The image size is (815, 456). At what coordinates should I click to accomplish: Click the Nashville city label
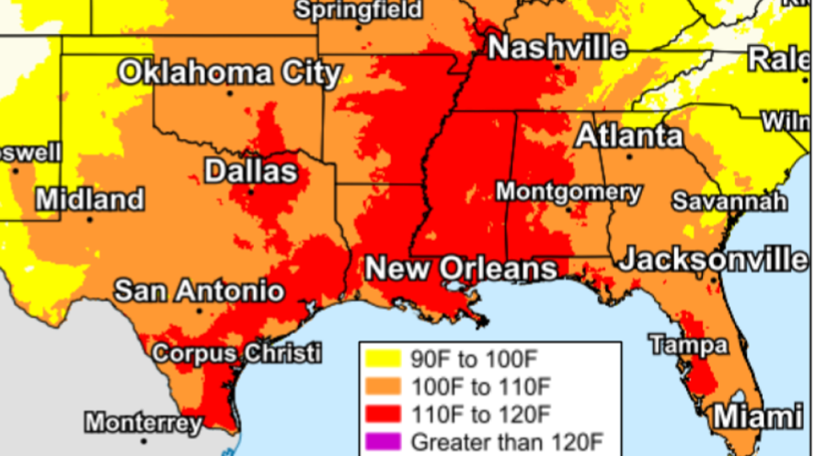[x=558, y=47]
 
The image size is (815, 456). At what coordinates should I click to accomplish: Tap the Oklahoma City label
[x=230, y=73]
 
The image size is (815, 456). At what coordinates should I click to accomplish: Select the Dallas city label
[x=251, y=171]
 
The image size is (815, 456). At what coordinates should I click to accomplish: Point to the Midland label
[x=90, y=199]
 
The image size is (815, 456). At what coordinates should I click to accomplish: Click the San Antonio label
[x=199, y=291]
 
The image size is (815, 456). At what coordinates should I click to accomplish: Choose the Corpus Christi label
[x=236, y=354]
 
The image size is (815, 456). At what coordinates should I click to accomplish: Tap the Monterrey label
[x=143, y=423]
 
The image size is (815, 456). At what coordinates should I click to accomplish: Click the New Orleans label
[x=461, y=269]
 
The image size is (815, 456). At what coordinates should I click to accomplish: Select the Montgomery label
[x=568, y=192]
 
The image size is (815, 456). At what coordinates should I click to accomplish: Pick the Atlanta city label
[x=629, y=136]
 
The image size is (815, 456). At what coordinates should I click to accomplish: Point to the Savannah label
[x=730, y=202]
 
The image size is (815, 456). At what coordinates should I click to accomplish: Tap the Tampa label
[x=689, y=345]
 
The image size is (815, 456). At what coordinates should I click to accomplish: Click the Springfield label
[x=359, y=10]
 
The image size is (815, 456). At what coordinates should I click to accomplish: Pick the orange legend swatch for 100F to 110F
[x=384, y=387]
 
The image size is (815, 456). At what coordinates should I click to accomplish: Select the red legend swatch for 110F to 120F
[x=384, y=414]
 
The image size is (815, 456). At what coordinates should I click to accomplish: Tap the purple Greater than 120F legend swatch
[x=384, y=441]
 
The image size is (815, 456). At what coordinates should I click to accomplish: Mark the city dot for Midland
[x=90, y=220]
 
